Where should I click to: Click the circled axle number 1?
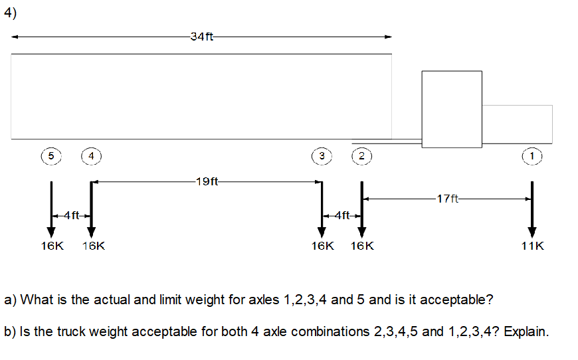click(531, 155)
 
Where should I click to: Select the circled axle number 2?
click(361, 155)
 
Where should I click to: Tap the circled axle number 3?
click(322, 155)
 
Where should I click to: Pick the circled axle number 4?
click(91, 155)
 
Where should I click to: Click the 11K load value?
click(532, 246)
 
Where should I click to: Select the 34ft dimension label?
click(201, 37)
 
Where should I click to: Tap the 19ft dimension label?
click(207, 181)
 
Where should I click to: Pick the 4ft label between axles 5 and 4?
click(71, 215)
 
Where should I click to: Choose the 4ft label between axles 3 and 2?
click(341, 215)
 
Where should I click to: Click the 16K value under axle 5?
click(51, 246)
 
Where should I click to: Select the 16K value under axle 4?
click(93, 246)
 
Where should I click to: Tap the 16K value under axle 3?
click(323, 246)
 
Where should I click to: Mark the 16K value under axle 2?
click(362, 246)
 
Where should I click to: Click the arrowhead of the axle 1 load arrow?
click(531, 232)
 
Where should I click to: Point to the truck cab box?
click(452, 109)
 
